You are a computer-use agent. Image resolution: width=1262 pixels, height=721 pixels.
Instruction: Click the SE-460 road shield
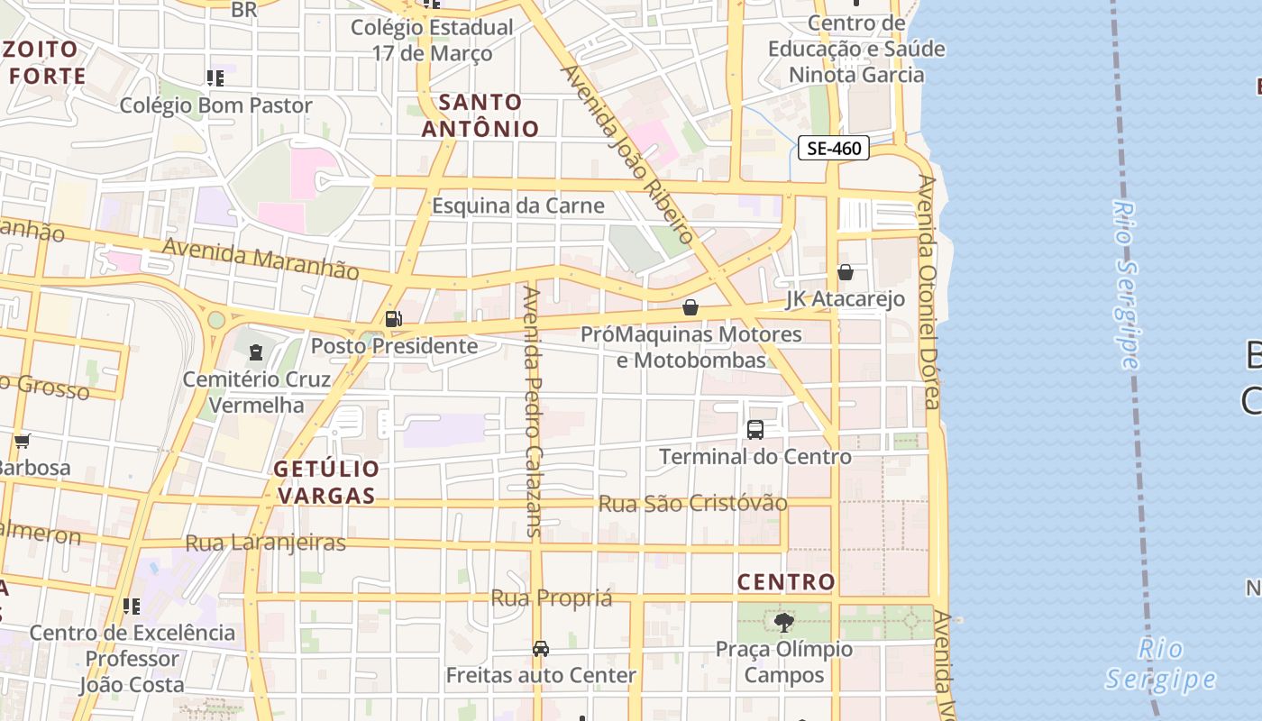point(833,149)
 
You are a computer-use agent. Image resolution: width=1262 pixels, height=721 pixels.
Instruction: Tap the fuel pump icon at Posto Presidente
point(393,318)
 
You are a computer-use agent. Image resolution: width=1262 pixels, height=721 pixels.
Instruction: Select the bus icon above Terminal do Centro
point(755,430)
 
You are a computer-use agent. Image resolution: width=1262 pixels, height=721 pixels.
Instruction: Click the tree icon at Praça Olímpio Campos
point(784,622)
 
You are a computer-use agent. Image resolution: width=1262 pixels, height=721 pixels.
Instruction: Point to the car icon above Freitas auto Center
point(541,648)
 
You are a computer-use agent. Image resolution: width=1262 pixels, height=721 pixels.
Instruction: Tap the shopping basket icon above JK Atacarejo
point(846,271)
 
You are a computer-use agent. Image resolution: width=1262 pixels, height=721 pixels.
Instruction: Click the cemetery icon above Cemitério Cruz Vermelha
point(256,351)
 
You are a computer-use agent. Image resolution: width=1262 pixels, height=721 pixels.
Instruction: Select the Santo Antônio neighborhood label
point(480,115)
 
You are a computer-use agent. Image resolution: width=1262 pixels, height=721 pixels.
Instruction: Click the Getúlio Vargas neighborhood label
point(326,482)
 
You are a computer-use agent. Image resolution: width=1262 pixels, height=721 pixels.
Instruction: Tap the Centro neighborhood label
point(786,582)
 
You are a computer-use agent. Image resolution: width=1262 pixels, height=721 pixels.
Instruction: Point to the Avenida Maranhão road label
point(261,258)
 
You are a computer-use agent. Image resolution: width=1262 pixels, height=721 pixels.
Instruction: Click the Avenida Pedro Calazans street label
point(534,411)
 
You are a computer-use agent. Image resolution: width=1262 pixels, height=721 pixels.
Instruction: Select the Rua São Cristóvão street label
point(692,503)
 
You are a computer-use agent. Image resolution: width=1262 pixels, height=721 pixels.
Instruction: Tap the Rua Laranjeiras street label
point(265,543)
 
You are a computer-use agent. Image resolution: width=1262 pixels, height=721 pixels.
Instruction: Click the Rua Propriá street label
point(551,598)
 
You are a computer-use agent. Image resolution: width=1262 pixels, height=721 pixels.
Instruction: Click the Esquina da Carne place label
point(517,205)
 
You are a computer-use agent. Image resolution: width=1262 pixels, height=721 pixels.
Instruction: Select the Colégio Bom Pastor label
point(216,105)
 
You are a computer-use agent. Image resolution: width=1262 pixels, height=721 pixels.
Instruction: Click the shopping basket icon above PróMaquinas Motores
point(690,307)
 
